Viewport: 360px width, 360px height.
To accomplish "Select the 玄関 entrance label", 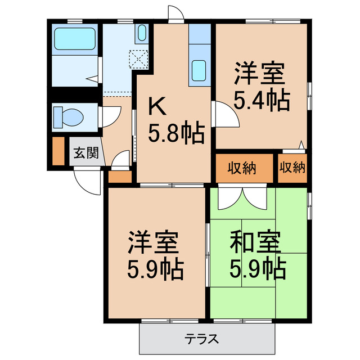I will coord(86,153).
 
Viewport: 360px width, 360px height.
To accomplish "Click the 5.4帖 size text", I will coord(262,101).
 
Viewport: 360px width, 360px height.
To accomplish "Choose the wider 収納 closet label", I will coord(242,168).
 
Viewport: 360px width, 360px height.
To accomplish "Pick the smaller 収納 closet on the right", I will coord(292,168).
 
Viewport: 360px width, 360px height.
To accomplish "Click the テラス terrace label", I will coord(201,339).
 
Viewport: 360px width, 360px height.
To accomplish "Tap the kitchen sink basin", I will coord(199,70).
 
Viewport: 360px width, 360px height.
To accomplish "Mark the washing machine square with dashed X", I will coord(138,58).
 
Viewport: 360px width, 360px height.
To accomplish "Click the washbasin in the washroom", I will coord(141,33).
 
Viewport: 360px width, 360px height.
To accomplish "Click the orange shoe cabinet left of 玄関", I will coord(57,151).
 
